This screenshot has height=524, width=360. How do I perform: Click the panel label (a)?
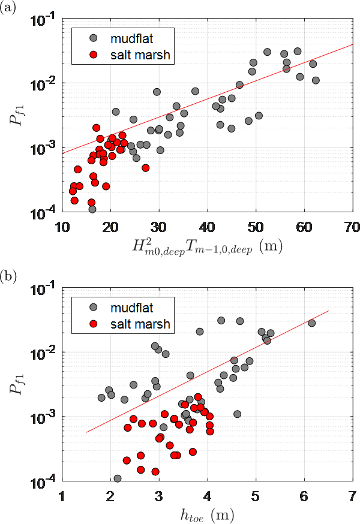click(8, 9)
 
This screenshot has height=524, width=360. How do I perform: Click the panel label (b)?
click(8, 279)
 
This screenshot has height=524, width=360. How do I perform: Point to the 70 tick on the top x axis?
click(352, 227)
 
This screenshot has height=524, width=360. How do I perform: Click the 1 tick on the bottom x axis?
click(62, 496)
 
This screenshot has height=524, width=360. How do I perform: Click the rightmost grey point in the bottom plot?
click(311, 323)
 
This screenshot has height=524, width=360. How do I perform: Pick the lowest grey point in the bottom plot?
click(118, 478)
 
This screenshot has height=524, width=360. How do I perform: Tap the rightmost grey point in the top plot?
click(316, 80)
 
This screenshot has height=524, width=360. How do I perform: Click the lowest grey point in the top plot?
click(92, 209)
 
